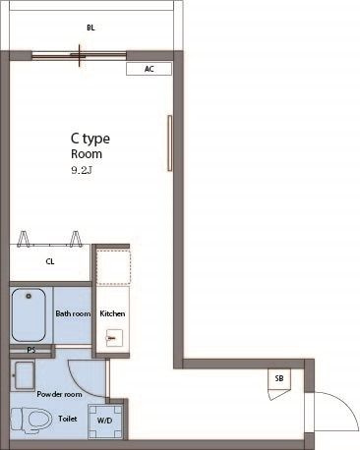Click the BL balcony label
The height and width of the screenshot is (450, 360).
tap(90, 28)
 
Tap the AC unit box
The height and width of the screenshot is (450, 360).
tap(149, 69)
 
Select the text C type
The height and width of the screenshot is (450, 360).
tap(90, 139)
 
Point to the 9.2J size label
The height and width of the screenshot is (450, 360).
tap(81, 170)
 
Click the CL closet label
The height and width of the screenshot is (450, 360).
tap(50, 261)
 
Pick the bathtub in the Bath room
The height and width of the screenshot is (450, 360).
tap(29, 315)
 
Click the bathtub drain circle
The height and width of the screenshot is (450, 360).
tap(29, 296)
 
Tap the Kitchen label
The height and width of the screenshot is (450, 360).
tap(112, 313)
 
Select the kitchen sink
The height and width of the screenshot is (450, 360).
tap(114, 338)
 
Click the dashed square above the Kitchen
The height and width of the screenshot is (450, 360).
tap(113, 266)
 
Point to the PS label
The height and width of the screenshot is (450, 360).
tap(31, 350)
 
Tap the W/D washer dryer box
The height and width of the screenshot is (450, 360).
tap(105, 422)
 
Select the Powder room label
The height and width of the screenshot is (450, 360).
tap(59, 394)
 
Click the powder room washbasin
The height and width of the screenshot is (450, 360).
tap(23, 375)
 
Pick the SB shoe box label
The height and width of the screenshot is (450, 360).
tap(279, 378)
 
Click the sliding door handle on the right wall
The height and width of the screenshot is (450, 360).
tap(169, 143)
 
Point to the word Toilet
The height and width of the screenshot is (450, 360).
tap(68, 419)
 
